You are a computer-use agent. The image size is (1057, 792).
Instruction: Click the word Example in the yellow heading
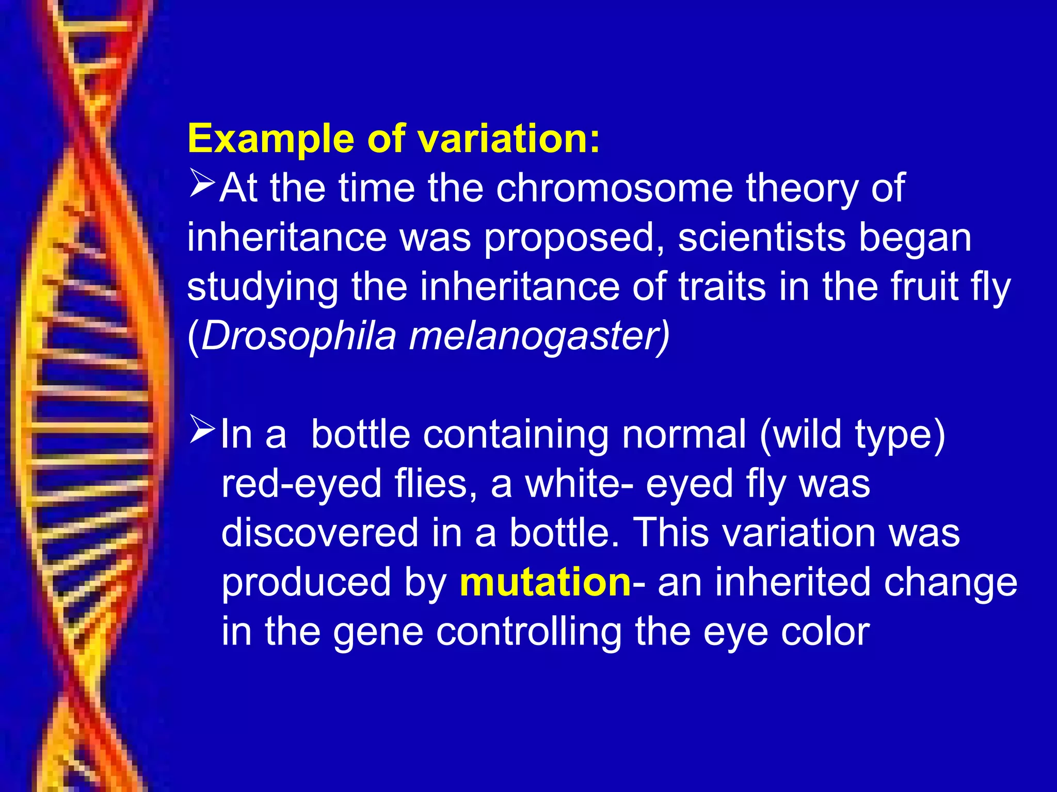pyautogui.click(x=271, y=139)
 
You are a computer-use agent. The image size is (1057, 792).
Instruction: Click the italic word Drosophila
pyautogui.click(x=299, y=336)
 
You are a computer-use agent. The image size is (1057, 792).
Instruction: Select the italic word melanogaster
pyautogui.click(x=539, y=336)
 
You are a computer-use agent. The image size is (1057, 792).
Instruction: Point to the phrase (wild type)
pyautogui.click(x=852, y=435)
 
